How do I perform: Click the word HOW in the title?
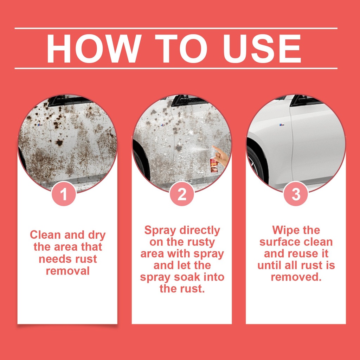click(94, 49)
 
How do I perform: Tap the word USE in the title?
click(262, 49)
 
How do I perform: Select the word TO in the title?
click(181, 49)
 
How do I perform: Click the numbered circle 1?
click(64, 194)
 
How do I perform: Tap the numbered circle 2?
click(182, 194)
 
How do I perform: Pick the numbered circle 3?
click(296, 194)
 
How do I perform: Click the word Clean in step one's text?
click(45, 235)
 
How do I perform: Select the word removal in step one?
click(67, 271)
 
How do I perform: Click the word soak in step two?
click(187, 277)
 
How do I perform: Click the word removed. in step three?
click(296, 277)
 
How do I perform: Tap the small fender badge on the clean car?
click(282, 125)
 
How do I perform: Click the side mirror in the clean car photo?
click(306, 100)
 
